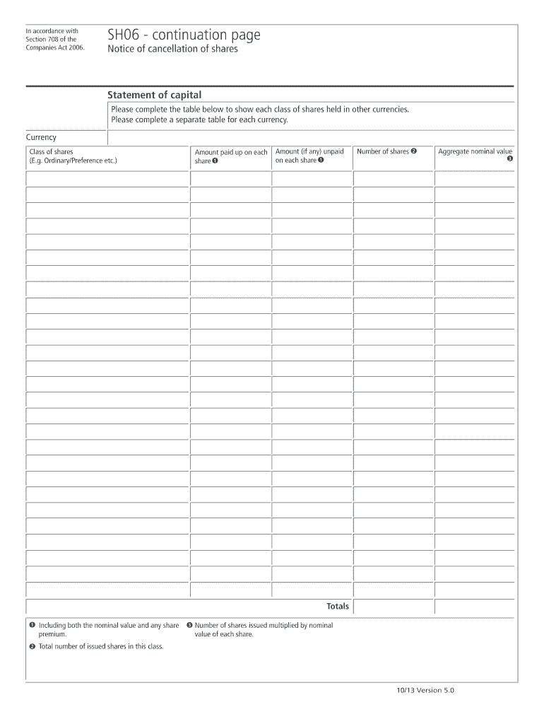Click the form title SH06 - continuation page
(x=184, y=35)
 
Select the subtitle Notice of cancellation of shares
(x=172, y=49)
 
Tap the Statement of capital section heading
(x=154, y=95)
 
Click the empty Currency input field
(x=311, y=137)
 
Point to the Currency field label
(x=42, y=137)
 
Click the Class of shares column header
(x=73, y=156)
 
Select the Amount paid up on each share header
(x=230, y=156)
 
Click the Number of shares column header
(x=387, y=151)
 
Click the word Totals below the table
(x=338, y=607)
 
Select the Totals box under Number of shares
(x=393, y=607)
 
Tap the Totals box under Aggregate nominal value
(x=474, y=607)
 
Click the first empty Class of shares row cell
(x=107, y=179)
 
